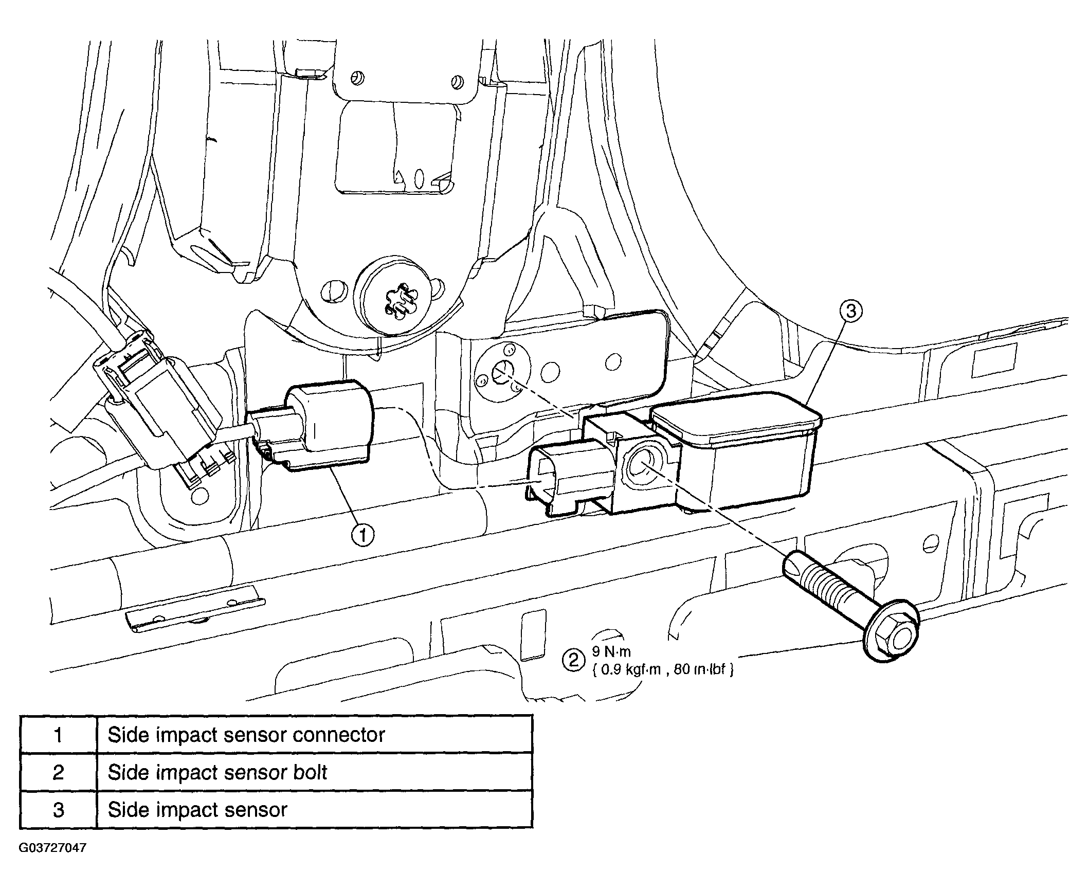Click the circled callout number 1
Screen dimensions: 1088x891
tap(363, 536)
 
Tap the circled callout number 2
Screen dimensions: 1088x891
tap(573, 660)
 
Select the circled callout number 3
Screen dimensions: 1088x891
tap(851, 311)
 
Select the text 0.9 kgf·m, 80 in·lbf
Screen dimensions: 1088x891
tap(663, 670)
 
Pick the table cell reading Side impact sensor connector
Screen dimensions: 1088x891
tap(314, 735)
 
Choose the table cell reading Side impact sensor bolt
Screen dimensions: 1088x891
tap(314, 772)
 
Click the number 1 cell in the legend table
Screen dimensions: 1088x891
tap(59, 735)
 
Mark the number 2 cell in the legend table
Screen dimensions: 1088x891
tap(59, 772)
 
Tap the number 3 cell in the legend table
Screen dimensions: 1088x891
tap(59, 810)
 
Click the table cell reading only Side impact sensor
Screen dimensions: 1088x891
tap(314, 810)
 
